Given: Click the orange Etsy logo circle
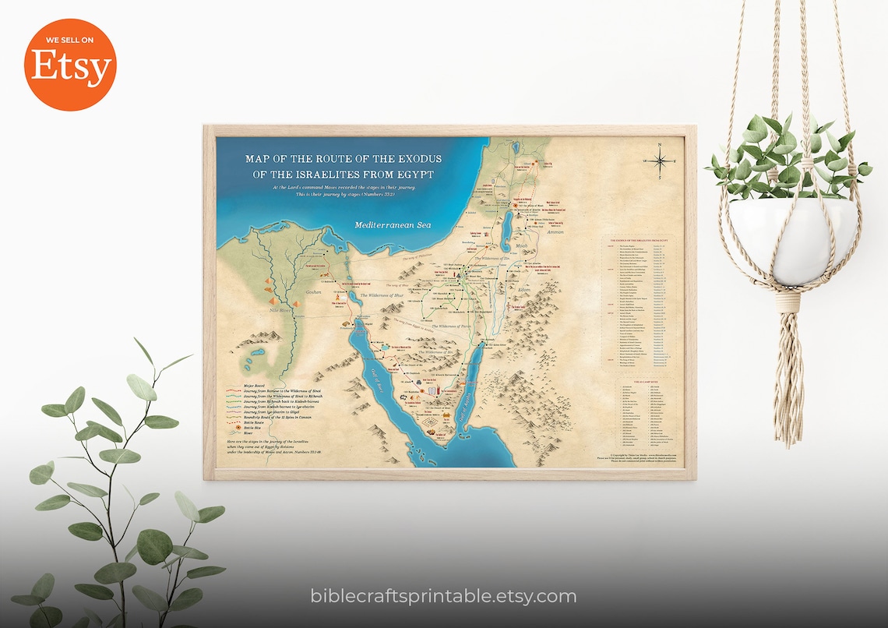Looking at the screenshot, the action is click(x=70, y=65).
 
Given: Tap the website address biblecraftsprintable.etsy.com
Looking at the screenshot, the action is click(x=443, y=597).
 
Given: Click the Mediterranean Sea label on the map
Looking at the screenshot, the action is click(x=393, y=225).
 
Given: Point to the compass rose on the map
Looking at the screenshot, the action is click(x=659, y=161).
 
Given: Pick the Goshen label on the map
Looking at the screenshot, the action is click(x=314, y=291).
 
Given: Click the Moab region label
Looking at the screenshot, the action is click(x=522, y=245).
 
